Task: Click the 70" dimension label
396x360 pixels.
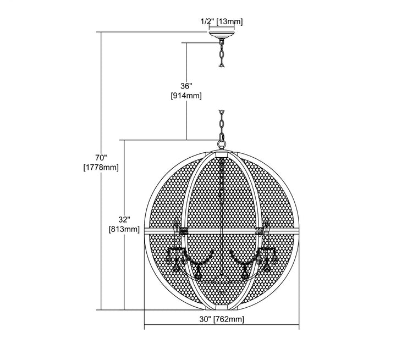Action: click(101, 158)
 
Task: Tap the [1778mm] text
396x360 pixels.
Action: click(101, 168)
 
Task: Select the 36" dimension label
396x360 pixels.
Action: click(186, 86)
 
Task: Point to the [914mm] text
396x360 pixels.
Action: click(186, 96)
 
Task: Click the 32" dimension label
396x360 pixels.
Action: click(124, 219)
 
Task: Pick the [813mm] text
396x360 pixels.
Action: click(124, 229)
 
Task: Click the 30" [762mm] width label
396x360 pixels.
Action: click(222, 319)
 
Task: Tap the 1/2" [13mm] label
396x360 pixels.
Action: click(222, 22)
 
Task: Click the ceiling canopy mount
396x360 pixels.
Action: click(222, 35)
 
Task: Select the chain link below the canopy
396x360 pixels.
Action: click(222, 54)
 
